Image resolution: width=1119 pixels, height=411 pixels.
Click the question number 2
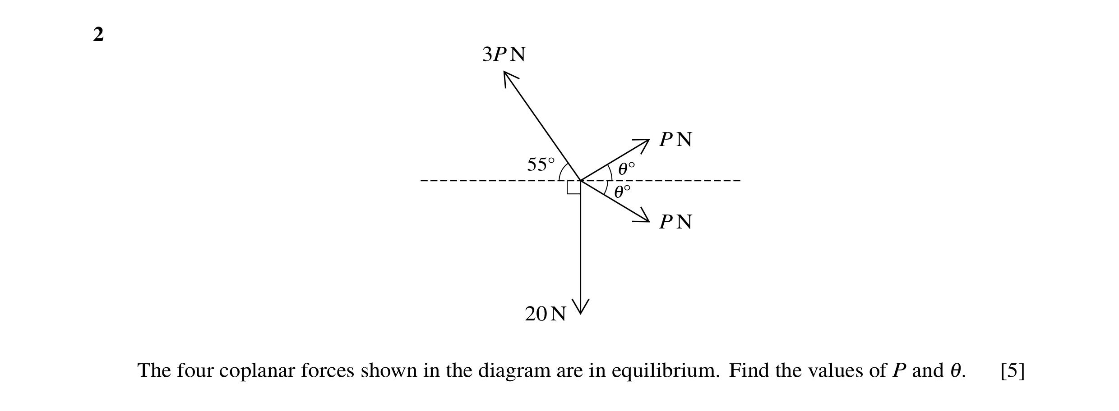coord(98,34)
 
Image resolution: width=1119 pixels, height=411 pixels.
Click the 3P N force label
coord(504,55)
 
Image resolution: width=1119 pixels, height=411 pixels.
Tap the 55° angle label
coord(541,164)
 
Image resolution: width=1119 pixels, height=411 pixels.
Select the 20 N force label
coord(545,314)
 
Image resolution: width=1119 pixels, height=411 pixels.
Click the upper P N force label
coord(675,140)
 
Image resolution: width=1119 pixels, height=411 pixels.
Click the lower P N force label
coord(675,222)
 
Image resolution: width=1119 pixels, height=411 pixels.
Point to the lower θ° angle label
coord(622,192)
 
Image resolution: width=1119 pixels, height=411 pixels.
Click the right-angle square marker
coord(573,187)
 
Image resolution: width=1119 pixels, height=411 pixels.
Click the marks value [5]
coord(1013,371)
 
